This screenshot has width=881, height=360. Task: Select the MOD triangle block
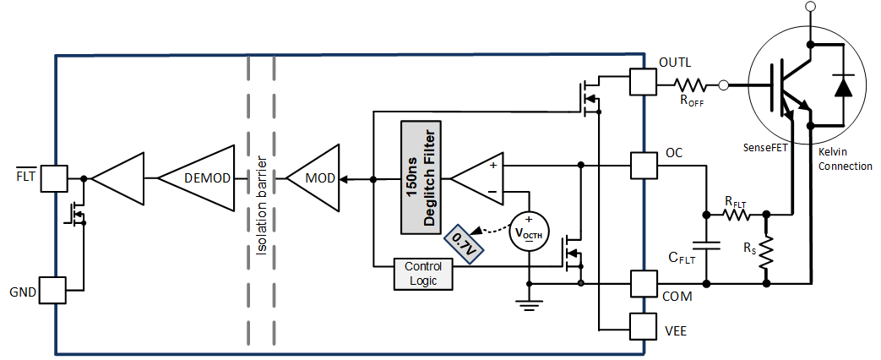click(313, 178)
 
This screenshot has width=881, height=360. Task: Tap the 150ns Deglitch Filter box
click(423, 178)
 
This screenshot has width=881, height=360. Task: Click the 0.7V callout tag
click(462, 243)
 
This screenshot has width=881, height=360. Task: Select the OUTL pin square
click(643, 83)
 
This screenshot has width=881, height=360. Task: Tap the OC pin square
click(643, 166)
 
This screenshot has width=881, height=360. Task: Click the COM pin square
click(643, 284)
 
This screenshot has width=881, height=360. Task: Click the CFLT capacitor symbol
click(708, 246)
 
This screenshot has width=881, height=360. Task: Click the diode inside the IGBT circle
click(842, 87)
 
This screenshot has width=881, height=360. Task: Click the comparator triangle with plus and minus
click(476, 178)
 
